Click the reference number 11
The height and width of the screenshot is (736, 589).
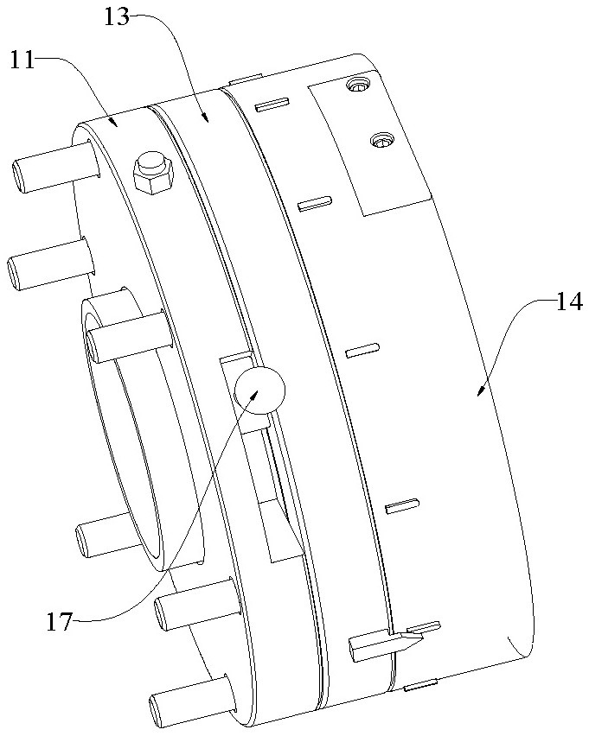coord(22,60)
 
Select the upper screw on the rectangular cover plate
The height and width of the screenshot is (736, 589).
coord(357,86)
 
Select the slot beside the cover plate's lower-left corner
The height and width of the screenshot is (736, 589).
coord(315,204)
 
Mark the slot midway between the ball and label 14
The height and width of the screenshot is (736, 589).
coord(362,350)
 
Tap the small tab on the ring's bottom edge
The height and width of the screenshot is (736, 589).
coord(421,686)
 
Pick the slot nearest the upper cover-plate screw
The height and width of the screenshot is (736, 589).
coord(270,105)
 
